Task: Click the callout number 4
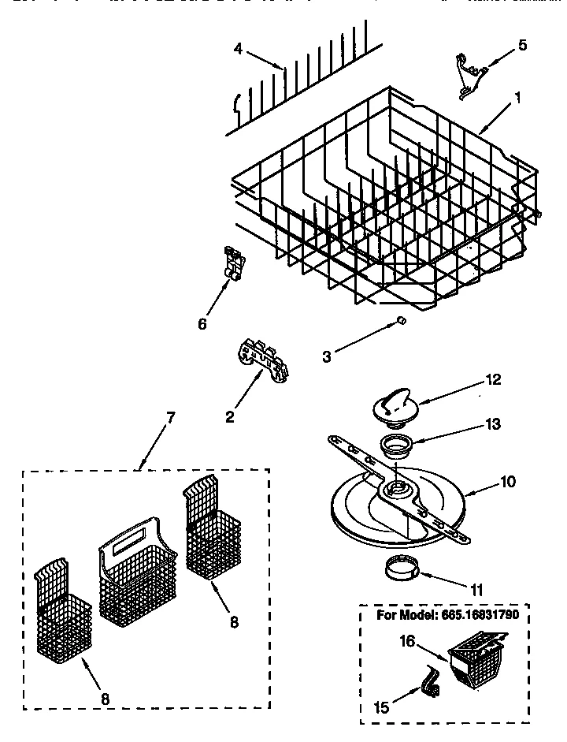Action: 238,49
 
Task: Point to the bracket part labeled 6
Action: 233,263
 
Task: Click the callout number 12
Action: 495,380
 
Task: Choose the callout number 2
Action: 229,417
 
